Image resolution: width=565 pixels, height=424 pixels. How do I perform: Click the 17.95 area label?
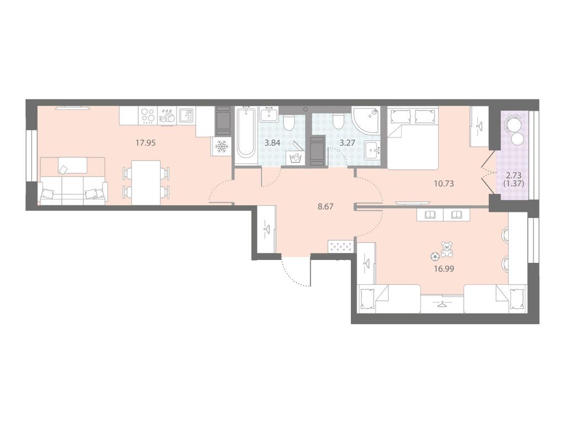[145, 143]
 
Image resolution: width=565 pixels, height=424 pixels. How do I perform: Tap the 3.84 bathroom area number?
[273, 143]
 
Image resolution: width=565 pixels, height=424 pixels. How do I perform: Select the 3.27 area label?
[348, 143]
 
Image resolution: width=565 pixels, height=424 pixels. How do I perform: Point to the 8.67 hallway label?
[326, 206]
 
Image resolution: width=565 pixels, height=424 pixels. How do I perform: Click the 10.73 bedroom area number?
[444, 183]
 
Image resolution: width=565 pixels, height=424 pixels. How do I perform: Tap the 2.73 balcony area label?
[514, 176]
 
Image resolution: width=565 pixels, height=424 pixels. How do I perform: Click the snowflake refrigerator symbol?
[221, 146]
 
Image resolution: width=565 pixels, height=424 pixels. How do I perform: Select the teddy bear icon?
[447, 250]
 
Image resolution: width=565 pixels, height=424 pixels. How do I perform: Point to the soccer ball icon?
[435, 256]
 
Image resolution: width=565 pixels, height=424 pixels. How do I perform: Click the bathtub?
[246, 136]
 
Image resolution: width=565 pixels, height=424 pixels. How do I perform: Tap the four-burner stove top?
[147, 116]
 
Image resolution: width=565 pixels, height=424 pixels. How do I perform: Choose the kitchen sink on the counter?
[186, 116]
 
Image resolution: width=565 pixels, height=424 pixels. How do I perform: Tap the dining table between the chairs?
[146, 182]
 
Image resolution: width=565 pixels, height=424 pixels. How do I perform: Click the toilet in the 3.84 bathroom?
[289, 123]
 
